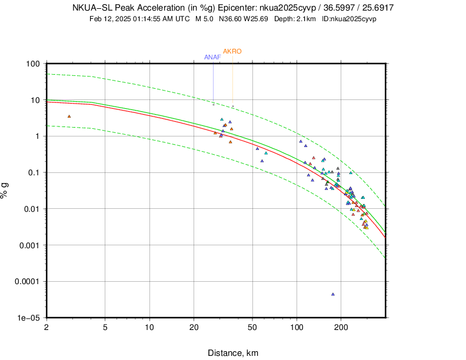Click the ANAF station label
click(212, 57)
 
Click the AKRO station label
click(232, 51)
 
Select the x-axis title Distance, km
click(232, 353)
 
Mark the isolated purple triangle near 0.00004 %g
click(333, 294)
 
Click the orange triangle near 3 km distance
click(69, 116)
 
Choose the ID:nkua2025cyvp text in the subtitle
click(349, 19)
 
